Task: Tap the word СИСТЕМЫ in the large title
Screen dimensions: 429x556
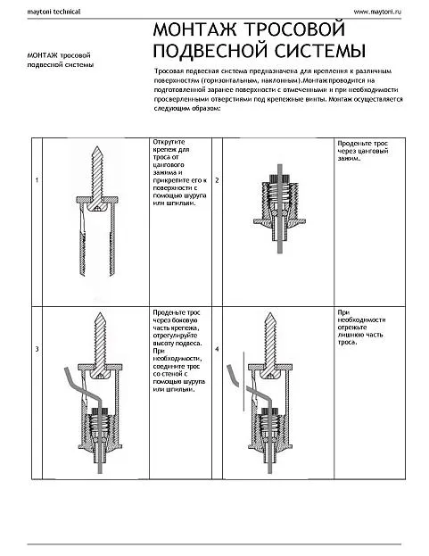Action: (320, 50)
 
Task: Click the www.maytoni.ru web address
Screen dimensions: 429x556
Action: (377, 12)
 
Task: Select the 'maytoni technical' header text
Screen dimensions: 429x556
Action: (54, 12)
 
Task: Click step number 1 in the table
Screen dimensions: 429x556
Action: (37, 180)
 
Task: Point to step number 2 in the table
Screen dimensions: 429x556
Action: (217, 180)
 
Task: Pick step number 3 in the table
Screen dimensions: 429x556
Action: (37, 349)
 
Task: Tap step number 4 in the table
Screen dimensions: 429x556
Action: (217, 349)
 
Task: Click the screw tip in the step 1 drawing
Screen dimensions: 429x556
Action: (97, 146)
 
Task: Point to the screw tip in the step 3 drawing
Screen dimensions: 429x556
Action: (101, 313)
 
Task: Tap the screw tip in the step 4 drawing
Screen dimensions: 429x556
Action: (270, 313)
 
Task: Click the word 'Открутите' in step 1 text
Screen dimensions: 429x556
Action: (169, 142)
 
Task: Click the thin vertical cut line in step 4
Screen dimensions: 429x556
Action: (243, 382)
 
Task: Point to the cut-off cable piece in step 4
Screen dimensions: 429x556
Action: (233, 375)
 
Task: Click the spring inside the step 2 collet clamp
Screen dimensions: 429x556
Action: (280, 195)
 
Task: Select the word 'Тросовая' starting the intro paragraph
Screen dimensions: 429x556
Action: (169, 71)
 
